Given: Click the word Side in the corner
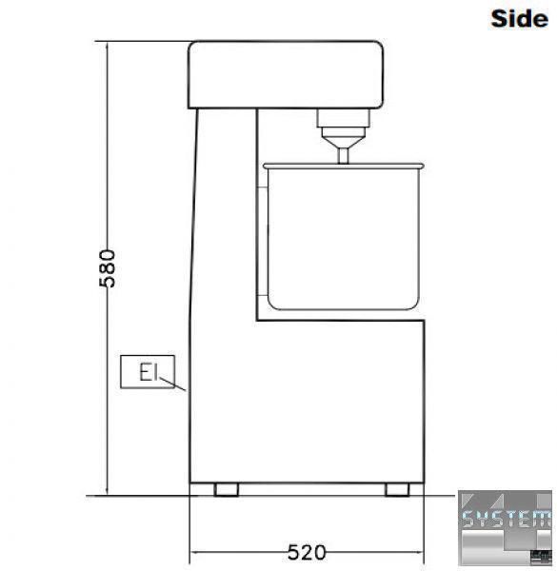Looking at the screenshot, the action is [519, 19].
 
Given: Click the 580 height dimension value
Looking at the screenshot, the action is [108, 268].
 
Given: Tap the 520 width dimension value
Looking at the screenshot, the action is [307, 552].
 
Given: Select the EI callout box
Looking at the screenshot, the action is [148, 371].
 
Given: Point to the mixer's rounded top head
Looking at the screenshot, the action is [286, 74].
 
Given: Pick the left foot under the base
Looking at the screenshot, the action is [227, 489].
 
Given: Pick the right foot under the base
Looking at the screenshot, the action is [397, 489].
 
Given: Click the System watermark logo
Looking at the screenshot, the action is [505, 527].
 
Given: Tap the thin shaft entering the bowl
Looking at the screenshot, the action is [343, 155].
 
